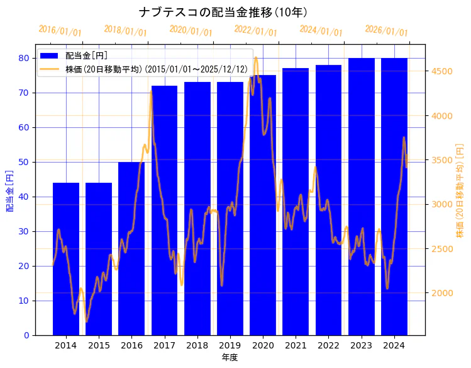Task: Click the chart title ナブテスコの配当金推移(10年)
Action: pos(223,12)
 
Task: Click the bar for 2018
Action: pos(197,209)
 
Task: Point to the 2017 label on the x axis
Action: pos(164,345)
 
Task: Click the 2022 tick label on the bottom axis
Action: pos(328,345)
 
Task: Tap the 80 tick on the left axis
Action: pos(24,58)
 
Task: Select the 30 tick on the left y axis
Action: pos(24,231)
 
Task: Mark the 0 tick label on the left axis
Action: pos(26,335)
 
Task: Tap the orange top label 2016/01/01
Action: pos(60,31)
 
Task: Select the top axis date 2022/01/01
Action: pos(255,31)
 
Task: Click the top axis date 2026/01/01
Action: pos(386,31)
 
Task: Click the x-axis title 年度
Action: pos(230,357)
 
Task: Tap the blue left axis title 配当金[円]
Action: pos(10,190)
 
